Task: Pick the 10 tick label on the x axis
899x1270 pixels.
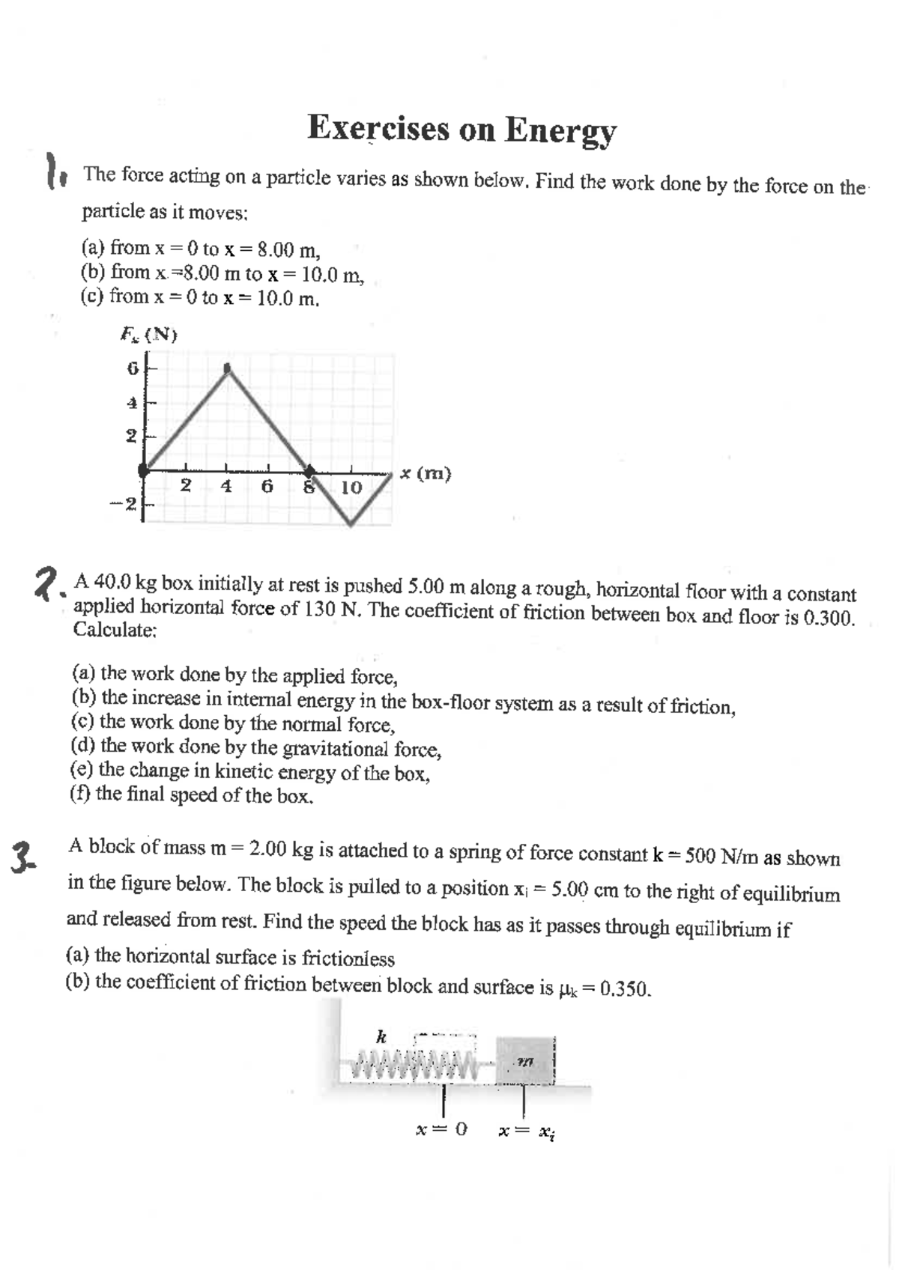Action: pos(351,487)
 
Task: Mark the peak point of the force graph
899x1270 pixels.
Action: pos(228,368)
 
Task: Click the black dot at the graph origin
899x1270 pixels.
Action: pos(145,470)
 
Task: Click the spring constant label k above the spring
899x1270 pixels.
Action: pos(381,1038)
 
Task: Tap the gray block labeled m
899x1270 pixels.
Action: pos(524,1060)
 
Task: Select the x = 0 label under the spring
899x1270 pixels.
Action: pos(441,1128)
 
